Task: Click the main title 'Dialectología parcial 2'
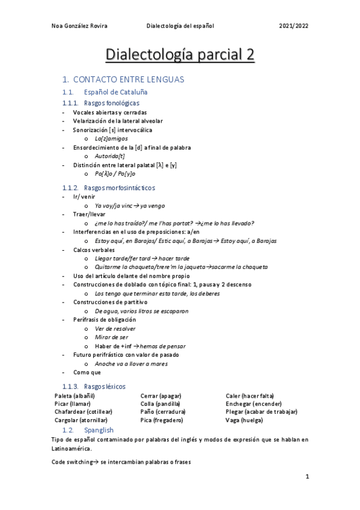coord(180,55)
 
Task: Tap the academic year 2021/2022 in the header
coord(294,26)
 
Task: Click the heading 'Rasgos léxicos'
coord(105,386)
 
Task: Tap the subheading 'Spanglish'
coord(99,430)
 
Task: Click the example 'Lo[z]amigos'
coord(111,138)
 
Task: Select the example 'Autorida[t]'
coord(110,156)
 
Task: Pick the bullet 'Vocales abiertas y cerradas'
coord(109,112)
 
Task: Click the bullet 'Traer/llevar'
coord(90,214)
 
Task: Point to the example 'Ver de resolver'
coord(115,328)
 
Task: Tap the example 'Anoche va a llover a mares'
coord(130,363)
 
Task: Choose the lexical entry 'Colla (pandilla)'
coord(160,404)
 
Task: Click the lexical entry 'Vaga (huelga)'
coord(245,420)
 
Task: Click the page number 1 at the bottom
coord(307,477)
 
